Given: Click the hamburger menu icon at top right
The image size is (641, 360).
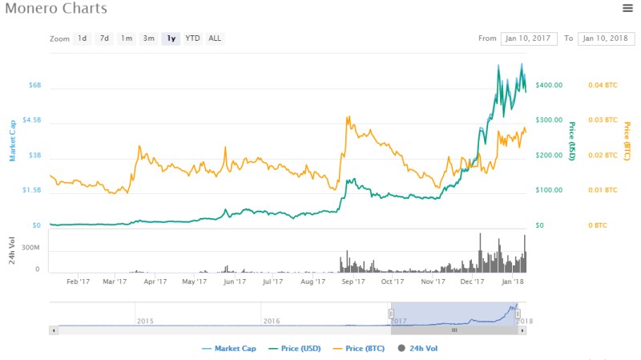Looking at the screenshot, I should pos(627,8).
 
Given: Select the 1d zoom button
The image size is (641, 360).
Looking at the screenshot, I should pos(82,38).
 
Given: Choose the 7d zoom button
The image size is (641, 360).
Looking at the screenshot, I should pos(104,38).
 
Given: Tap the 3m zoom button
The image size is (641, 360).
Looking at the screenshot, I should pos(148,38).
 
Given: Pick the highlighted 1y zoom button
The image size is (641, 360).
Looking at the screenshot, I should pos(171,38).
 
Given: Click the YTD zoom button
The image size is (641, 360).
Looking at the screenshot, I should pos(192,38).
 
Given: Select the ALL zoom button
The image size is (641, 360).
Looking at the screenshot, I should pos(215,38).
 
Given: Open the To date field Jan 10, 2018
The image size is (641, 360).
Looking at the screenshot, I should pos(605,38).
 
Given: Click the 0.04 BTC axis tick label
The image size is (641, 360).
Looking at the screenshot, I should pos(603,84).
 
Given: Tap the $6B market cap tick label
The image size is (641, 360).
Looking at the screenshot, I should pos(35,84).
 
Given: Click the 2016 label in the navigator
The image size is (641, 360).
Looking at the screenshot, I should pos(272,321).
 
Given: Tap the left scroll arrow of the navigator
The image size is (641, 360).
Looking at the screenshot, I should pos(54,330).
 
